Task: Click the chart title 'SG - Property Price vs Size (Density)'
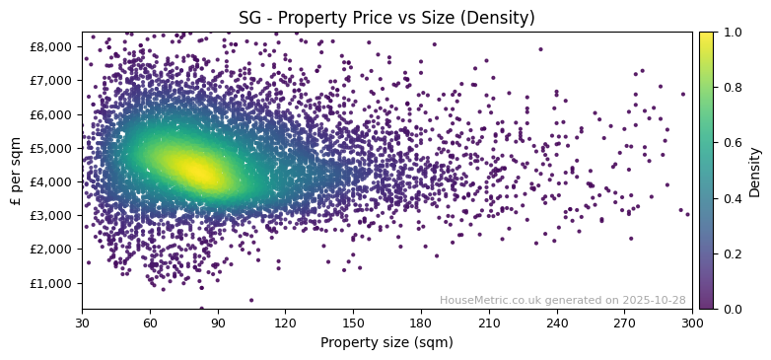tap(386, 18)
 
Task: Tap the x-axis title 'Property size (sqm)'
tap(386, 342)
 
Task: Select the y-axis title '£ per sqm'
tap(16, 171)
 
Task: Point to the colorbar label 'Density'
tap(755, 171)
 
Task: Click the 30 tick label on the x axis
tap(82, 323)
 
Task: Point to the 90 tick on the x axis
tap(218, 323)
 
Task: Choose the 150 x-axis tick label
tap(353, 323)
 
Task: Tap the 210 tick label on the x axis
tap(489, 323)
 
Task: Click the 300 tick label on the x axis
tap(692, 323)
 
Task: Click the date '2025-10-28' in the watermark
tap(655, 300)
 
